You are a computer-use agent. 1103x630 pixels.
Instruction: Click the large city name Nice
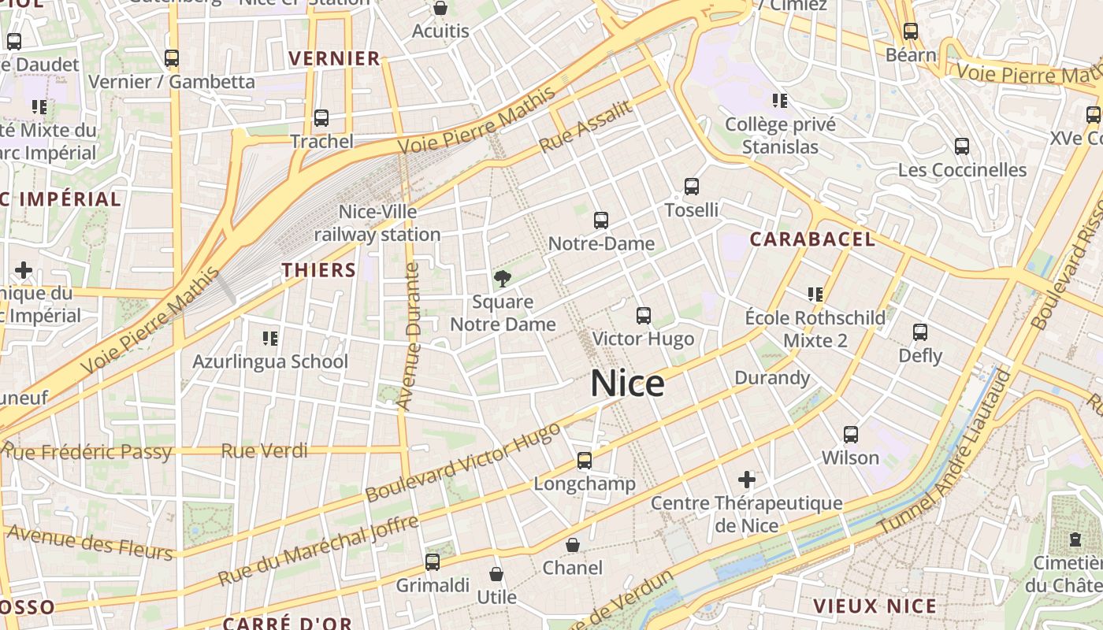(x=627, y=384)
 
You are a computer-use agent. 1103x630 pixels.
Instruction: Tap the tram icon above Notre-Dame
(x=601, y=220)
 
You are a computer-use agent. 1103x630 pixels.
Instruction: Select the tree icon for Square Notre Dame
(x=502, y=278)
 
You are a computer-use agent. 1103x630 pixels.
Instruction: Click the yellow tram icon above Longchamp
(x=585, y=461)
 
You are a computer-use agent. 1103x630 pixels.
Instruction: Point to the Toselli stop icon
(x=692, y=187)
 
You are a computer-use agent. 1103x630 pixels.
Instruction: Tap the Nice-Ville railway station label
(x=377, y=223)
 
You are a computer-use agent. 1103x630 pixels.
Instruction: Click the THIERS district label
(x=319, y=270)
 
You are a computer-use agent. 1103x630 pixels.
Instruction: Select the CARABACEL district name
(x=812, y=239)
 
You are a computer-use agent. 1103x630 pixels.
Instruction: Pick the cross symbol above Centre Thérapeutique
(x=746, y=479)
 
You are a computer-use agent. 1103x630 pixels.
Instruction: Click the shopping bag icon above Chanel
(x=573, y=545)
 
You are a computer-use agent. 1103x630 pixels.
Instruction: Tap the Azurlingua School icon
(x=270, y=339)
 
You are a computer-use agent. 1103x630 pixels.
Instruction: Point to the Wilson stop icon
(x=851, y=435)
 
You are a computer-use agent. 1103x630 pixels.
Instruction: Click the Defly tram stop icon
(x=920, y=332)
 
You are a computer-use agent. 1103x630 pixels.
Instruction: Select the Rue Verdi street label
(x=264, y=451)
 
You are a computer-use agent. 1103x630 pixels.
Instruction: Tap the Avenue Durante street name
(x=409, y=336)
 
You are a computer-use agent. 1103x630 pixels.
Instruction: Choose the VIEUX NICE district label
(x=875, y=606)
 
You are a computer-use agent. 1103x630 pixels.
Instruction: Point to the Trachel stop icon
(x=321, y=118)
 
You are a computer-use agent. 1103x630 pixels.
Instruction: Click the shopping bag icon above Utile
(x=496, y=574)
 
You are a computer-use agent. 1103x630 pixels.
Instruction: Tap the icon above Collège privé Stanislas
(x=780, y=101)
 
